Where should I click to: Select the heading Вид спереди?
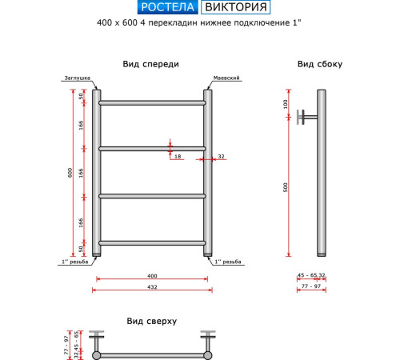pos(150,64)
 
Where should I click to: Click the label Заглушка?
pos(76,78)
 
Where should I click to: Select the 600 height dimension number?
pos(70,172)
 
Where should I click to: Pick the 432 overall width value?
pos(152,286)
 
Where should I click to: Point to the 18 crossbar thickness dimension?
pos(178,157)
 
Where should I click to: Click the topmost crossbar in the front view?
pos(152,102)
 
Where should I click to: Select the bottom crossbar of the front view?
pos(152,242)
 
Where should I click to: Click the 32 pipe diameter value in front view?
pos(221,157)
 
